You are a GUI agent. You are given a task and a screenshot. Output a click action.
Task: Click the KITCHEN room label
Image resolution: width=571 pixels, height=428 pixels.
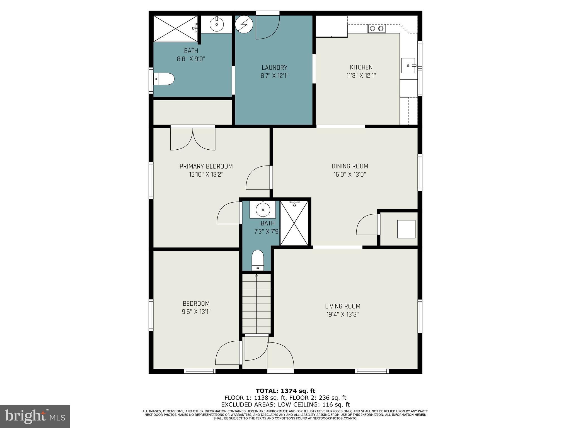361,67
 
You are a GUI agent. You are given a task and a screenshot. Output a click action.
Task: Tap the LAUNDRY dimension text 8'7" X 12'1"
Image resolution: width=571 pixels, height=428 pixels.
274,76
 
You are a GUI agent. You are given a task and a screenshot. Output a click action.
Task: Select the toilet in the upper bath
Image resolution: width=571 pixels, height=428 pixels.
164,79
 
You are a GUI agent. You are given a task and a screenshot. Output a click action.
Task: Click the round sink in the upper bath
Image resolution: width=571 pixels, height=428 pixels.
216,24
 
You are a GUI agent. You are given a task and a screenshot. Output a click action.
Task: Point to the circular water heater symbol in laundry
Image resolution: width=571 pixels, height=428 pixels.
244,24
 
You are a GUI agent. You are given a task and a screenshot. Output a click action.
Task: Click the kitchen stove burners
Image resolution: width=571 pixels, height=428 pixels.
376,28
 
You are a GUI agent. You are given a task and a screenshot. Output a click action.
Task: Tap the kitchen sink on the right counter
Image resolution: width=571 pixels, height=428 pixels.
408,65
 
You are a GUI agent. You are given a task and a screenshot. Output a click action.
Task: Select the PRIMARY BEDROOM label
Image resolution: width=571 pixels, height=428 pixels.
206,166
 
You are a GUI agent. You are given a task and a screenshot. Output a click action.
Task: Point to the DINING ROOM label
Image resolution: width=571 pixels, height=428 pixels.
350,166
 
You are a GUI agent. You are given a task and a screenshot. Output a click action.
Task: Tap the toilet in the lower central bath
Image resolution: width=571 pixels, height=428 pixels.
258,260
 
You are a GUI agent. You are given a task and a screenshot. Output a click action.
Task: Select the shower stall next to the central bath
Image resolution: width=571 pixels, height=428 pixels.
294,223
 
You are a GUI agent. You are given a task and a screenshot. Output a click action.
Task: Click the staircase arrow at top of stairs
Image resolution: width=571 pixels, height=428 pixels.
257,276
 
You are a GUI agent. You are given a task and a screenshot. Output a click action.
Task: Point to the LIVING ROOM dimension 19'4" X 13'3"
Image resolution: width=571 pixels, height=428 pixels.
342,315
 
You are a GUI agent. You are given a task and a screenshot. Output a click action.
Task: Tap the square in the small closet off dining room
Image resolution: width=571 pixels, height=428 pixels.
406,229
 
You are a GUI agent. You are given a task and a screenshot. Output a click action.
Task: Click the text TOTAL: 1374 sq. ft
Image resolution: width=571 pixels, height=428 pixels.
285,391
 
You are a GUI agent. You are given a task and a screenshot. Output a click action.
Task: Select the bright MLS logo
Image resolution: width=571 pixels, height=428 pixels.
35,416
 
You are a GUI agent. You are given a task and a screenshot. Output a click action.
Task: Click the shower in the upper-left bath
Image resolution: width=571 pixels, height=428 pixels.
175,29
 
